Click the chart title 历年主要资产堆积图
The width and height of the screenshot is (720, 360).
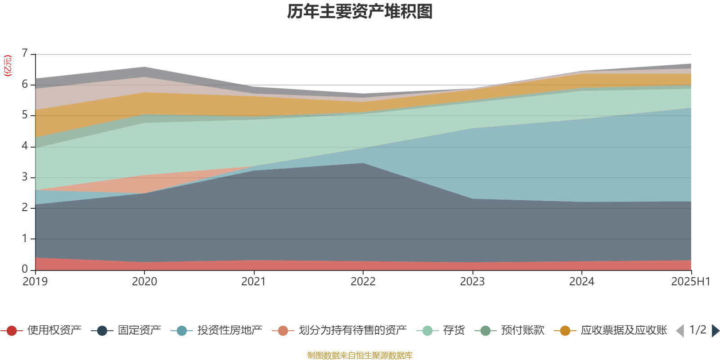coord(360,12)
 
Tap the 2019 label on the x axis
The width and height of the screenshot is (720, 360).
coord(35,282)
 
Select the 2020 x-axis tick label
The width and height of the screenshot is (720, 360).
coord(144,282)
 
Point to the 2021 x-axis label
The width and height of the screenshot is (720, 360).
coord(254,282)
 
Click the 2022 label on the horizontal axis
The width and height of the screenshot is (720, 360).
coord(363,282)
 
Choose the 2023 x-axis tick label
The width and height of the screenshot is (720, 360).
coord(472,282)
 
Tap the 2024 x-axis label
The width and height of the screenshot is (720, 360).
coord(582,282)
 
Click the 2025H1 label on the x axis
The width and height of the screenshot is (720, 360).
coord(690,282)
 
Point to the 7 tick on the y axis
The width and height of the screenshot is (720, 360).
coord(25,54)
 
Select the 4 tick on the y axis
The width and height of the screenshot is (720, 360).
coord(25,146)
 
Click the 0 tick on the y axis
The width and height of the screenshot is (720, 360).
coord(25,269)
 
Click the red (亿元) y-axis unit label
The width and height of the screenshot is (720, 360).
coord(8,66)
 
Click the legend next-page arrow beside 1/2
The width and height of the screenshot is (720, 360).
coord(715,331)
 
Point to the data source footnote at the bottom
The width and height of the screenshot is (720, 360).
coord(360,355)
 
